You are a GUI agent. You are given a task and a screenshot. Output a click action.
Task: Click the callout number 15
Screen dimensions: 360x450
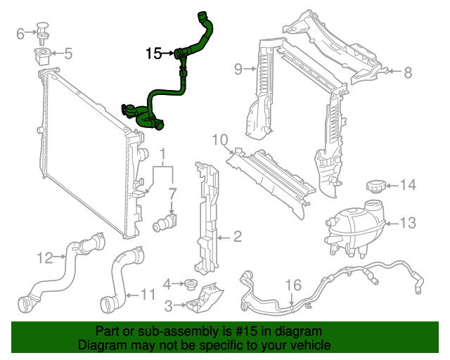154,53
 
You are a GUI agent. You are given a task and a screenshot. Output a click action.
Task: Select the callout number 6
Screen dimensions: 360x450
20,32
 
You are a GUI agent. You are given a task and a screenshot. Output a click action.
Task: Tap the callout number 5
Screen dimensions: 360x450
68,53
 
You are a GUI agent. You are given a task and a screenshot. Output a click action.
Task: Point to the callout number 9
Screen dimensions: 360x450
238,68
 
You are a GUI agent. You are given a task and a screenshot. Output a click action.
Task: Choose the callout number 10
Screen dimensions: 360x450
219,140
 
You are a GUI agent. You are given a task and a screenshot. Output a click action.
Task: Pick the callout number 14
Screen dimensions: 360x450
408,186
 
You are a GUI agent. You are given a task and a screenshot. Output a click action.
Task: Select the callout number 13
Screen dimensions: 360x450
409,223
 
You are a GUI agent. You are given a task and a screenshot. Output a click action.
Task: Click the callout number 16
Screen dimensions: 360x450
293,284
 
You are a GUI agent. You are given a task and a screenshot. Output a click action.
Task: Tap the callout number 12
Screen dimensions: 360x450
45,258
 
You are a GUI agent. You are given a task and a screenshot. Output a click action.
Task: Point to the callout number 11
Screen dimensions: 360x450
148,294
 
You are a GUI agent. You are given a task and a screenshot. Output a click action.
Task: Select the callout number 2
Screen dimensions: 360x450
237,237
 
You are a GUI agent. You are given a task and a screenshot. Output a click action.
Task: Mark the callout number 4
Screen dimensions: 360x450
167,284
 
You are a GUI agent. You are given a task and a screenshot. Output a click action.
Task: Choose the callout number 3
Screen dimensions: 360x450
168,305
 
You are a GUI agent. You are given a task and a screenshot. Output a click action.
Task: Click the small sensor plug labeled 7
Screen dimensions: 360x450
166,222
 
